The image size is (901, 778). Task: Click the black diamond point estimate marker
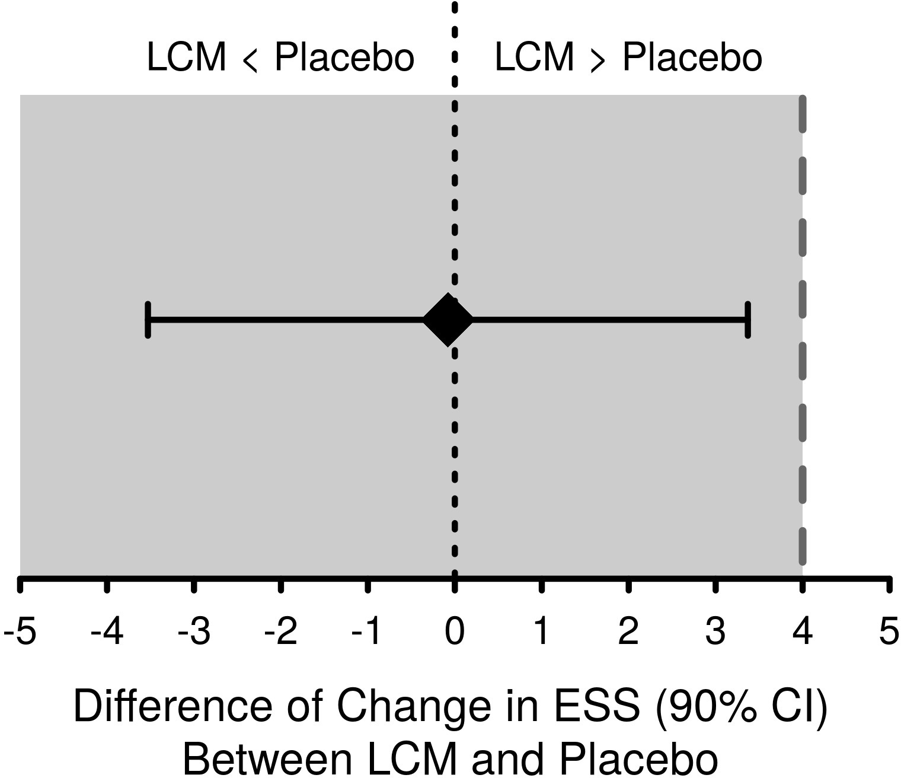point(449,320)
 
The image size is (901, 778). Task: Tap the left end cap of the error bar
point(148,320)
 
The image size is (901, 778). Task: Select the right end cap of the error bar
point(748,320)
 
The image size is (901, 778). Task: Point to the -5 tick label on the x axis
point(20,632)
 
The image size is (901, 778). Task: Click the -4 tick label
point(107,632)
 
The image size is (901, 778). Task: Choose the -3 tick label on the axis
point(194,632)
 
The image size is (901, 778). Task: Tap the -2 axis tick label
point(280,632)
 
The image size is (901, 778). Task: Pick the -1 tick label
point(368,632)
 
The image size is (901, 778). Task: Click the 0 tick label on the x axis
point(455,632)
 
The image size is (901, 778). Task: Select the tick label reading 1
point(541,632)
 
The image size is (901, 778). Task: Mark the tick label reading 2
point(628,632)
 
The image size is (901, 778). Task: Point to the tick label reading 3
point(715,632)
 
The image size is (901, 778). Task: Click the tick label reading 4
point(802,632)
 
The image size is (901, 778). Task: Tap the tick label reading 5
point(889,632)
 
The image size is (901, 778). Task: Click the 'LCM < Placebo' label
point(280,58)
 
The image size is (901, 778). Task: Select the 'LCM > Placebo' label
point(628,58)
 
